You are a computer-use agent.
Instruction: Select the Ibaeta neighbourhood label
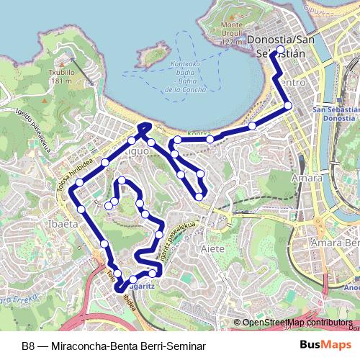[63, 224]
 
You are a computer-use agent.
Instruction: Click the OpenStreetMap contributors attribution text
[297, 323]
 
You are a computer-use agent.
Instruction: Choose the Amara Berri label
[333, 244]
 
